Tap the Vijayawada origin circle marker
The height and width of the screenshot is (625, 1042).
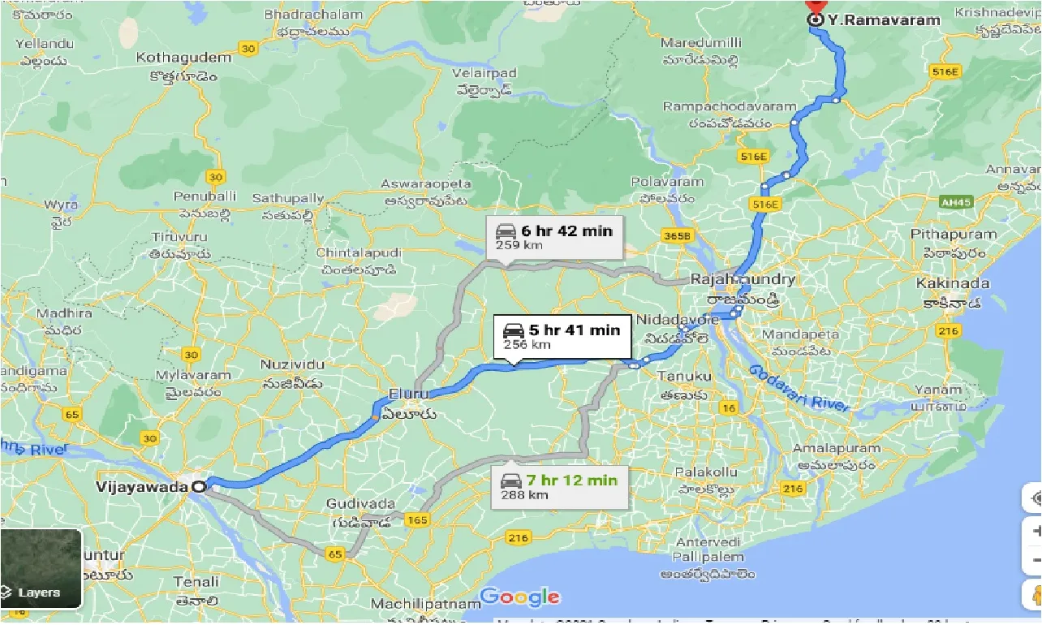click(197, 486)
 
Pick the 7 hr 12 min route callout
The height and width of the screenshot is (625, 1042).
click(559, 487)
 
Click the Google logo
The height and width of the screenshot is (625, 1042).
click(519, 597)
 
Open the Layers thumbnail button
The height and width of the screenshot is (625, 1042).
click(41, 569)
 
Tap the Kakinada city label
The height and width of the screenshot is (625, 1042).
click(953, 283)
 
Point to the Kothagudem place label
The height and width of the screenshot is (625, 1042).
click(177, 58)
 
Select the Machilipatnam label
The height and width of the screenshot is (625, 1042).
click(426, 604)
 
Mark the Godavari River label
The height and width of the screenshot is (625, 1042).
click(799, 388)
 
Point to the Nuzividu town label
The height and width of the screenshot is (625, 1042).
click(293, 365)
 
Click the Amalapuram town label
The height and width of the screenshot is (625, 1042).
click(836, 448)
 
